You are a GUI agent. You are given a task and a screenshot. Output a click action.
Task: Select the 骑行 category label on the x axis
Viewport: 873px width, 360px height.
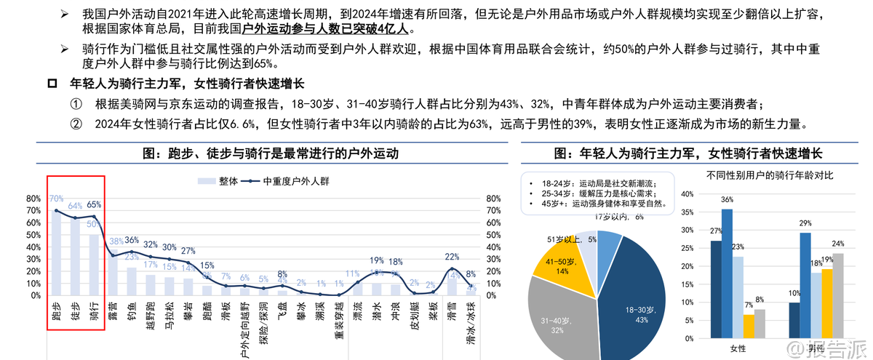(94, 311)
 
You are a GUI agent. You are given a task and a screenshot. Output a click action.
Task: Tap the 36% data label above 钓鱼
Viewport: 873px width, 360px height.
(132, 240)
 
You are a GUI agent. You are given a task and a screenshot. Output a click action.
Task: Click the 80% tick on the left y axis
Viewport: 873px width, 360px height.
(33, 199)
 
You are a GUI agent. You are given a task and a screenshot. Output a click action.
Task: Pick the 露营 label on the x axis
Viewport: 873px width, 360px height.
(113, 311)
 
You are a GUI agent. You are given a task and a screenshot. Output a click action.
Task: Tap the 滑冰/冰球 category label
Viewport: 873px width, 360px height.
(471, 319)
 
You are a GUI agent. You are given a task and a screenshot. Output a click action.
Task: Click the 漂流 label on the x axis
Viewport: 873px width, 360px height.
(357, 311)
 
